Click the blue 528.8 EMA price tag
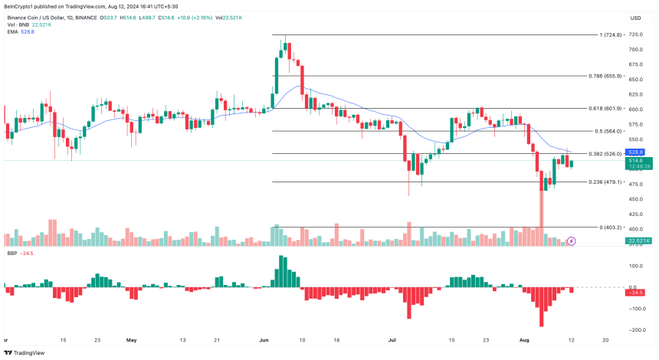[635, 152]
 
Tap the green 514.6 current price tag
[635, 160]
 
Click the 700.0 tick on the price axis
[635, 50]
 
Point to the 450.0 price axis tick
[635, 198]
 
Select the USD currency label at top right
[635, 18]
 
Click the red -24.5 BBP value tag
[635, 292]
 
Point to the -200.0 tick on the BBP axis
[635, 330]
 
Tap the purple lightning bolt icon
[571, 241]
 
